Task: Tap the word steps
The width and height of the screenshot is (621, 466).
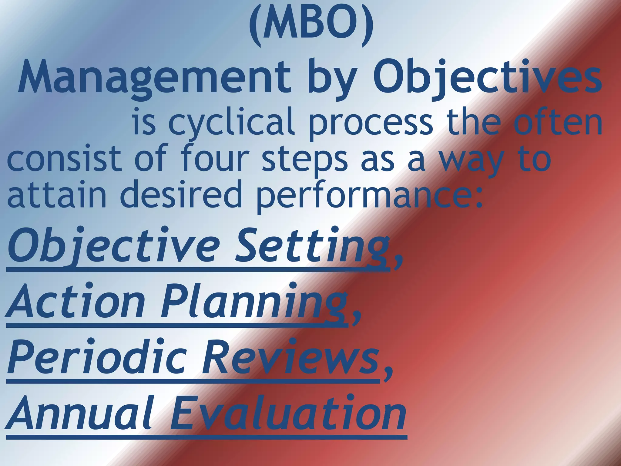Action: pyautogui.click(x=305, y=161)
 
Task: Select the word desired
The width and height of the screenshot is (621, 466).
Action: pyautogui.click(x=181, y=194)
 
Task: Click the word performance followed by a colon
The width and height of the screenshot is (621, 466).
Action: pyautogui.click(x=368, y=196)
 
